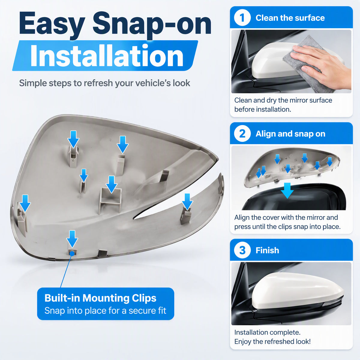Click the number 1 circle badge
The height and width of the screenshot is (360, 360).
point(242,18)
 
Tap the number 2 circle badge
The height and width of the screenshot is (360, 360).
point(242,133)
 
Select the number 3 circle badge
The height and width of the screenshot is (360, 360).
point(242,250)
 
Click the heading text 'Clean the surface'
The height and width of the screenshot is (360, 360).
point(290,18)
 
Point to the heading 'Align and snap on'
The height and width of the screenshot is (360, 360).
point(290,134)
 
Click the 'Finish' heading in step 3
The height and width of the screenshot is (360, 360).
point(267,250)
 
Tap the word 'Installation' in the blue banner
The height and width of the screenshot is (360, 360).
point(107,56)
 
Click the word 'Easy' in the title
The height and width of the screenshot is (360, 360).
point(52,24)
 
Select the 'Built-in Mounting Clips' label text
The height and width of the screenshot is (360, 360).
point(100,298)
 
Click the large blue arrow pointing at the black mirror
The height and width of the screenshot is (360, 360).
point(287,190)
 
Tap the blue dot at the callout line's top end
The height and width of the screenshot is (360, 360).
point(72,253)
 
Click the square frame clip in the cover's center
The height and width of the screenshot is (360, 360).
point(110,201)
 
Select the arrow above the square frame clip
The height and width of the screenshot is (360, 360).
point(111,184)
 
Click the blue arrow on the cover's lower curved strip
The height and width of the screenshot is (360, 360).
point(187,201)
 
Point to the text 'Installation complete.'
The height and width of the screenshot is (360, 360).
point(267,332)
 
